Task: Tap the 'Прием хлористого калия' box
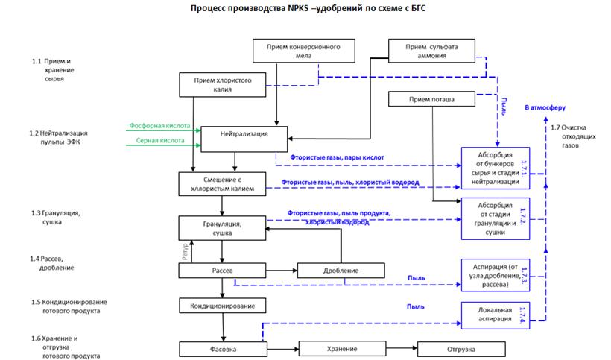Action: pyautogui.click(x=223, y=84)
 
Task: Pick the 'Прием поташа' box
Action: pyautogui.click(x=432, y=98)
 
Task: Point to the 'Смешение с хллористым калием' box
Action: pyautogui.click(x=223, y=183)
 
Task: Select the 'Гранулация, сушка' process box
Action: pyautogui.click(x=223, y=227)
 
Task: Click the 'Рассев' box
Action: pyautogui.click(x=223, y=270)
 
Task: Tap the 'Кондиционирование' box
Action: pyautogui.click(x=223, y=306)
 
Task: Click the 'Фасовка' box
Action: pyautogui.click(x=223, y=348)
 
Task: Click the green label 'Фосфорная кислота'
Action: pyautogui.click(x=159, y=126)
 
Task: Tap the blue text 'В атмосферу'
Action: pyautogui.click(x=546, y=109)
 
